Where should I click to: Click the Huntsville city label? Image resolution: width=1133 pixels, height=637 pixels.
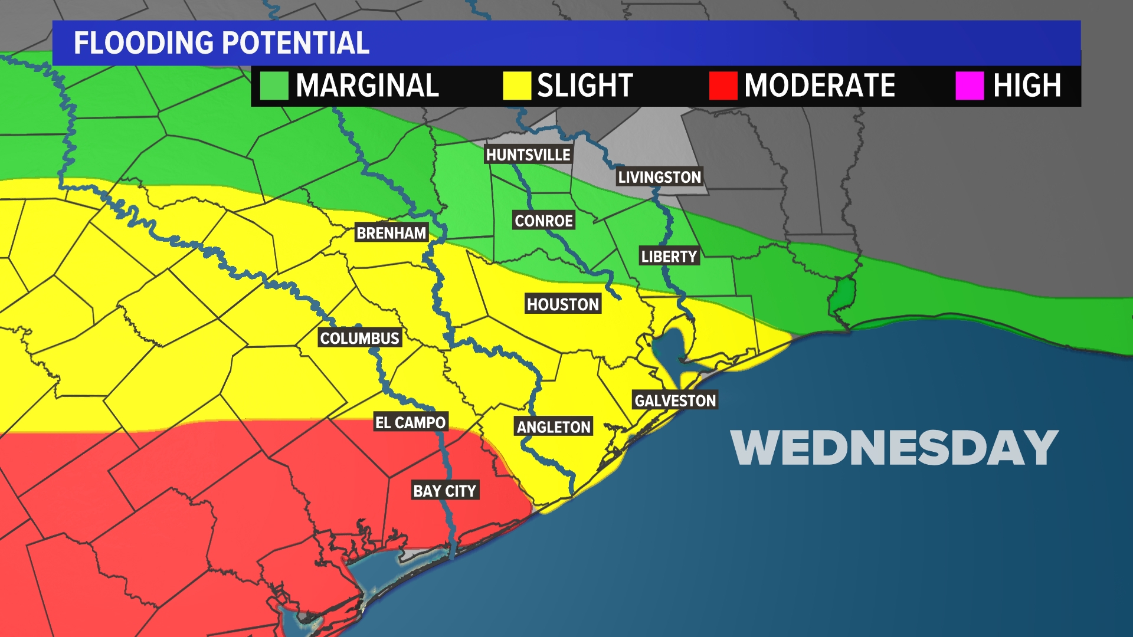[x=528, y=155]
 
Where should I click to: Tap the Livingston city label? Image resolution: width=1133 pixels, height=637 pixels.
[x=659, y=177]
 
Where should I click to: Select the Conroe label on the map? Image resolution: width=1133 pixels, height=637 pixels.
[x=543, y=221]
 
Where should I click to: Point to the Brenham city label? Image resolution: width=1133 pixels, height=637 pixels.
[x=391, y=233]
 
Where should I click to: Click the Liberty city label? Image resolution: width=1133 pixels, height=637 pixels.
[x=669, y=257]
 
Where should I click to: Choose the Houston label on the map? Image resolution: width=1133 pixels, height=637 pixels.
[x=563, y=304]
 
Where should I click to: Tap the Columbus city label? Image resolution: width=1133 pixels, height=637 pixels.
[x=360, y=338]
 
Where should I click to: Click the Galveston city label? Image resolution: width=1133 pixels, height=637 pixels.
[x=675, y=400]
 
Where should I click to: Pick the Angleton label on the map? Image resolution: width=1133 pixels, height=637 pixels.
[x=554, y=427]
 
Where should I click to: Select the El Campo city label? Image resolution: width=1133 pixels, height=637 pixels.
[x=411, y=422]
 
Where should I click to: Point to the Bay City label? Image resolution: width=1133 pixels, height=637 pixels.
[x=444, y=491]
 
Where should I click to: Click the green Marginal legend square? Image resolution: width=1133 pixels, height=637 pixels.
[x=274, y=86]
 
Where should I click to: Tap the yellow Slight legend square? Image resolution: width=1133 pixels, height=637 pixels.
[x=516, y=86]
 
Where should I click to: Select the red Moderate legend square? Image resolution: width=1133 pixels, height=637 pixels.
[x=723, y=86]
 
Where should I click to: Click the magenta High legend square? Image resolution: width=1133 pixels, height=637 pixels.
[x=970, y=86]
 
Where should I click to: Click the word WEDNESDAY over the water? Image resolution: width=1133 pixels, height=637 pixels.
[x=894, y=448]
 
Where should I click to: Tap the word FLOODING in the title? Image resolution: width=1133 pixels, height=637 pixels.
[x=143, y=43]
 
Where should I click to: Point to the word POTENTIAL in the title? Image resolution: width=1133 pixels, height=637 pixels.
[x=296, y=43]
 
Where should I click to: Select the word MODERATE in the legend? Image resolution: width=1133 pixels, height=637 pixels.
[x=820, y=86]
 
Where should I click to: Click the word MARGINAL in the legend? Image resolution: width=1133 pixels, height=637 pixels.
[x=367, y=86]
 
